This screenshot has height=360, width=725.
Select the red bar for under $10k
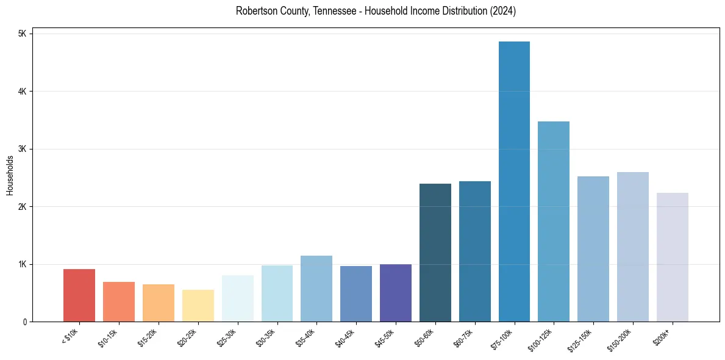point(79,295)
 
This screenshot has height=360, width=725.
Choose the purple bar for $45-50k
point(396,293)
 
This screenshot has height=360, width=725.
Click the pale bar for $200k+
point(673,257)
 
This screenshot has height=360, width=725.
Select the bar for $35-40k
point(316,289)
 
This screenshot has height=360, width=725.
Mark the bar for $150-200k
point(633,247)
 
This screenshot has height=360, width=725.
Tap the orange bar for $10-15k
point(119,301)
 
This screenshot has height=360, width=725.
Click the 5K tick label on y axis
point(23,34)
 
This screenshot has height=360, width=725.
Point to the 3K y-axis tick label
point(23,149)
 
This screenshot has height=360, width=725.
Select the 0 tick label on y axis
point(25,322)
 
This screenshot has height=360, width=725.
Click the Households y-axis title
point(10,175)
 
